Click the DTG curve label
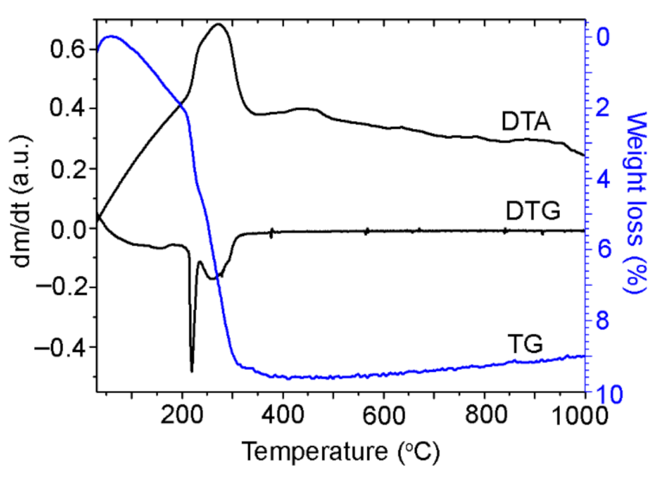click(x=532, y=212)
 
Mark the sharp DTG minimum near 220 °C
click(x=192, y=371)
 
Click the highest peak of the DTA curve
click(x=217, y=24)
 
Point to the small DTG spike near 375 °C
click(x=271, y=234)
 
